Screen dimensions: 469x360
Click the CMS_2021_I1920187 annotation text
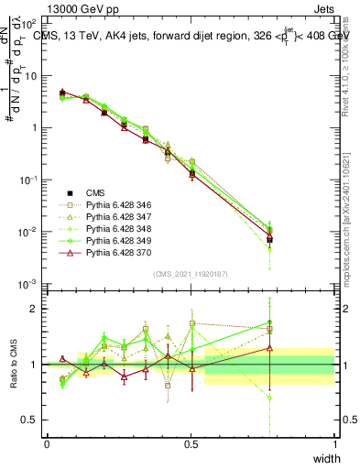[191, 274]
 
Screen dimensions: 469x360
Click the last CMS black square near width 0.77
[269, 239]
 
